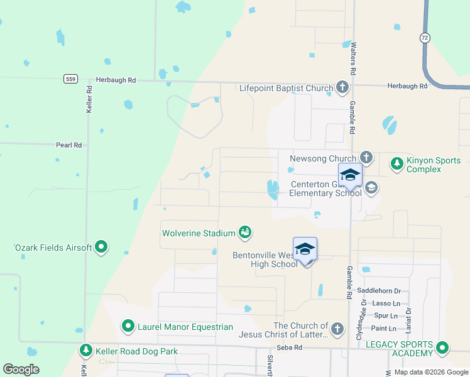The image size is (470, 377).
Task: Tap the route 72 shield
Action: (425, 38)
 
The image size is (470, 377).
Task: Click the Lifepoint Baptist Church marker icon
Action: (342, 87)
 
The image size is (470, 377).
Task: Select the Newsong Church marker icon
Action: (366, 158)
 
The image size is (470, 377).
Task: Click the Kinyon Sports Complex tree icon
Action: (396, 164)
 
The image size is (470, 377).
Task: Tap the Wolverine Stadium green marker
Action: (245, 233)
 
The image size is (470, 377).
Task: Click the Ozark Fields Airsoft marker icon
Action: (101, 248)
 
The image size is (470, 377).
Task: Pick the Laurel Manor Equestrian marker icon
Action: (128, 326)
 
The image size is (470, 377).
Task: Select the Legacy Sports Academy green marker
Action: (443, 347)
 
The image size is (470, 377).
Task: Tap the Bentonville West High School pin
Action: (305, 249)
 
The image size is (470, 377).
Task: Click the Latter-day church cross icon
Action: (337, 329)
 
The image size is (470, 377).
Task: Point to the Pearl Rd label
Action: (69, 145)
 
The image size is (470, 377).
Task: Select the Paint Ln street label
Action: (383, 329)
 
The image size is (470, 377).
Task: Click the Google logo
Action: (21, 369)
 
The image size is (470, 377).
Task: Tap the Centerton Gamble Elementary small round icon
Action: (371, 187)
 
